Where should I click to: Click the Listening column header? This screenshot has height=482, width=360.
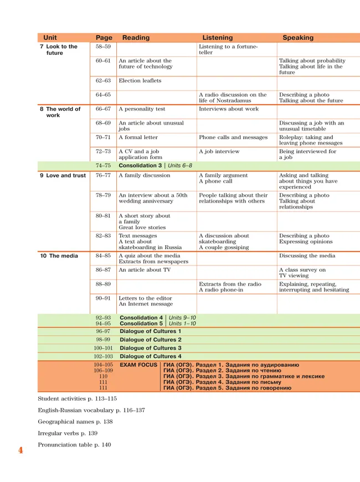(x=217, y=38)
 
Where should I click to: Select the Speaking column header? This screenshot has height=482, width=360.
(x=298, y=38)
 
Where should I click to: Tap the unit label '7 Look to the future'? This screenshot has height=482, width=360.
(x=58, y=50)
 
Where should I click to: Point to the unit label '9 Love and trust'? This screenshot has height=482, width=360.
(x=63, y=175)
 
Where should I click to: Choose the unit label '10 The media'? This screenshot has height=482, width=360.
(x=59, y=256)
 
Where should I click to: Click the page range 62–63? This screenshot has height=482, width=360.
(x=103, y=81)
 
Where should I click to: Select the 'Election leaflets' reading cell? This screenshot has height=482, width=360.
(x=140, y=81)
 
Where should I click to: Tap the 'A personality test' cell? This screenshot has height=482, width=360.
(x=142, y=109)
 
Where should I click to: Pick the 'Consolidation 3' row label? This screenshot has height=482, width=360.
(x=141, y=165)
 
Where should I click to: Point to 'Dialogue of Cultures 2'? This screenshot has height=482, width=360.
(x=151, y=339)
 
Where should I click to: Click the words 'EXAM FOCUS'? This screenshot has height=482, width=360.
(x=138, y=365)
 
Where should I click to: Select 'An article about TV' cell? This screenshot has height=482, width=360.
(x=145, y=269)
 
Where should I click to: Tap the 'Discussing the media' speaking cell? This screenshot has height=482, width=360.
(x=307, y=256)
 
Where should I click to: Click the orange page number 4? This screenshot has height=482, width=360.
(x=21, y=450)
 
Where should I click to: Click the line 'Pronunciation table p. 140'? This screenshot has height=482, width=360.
(x=74, y=445)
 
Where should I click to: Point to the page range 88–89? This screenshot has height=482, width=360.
(x=103, y=284)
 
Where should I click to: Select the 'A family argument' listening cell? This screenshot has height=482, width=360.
(x=223, y=175)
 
